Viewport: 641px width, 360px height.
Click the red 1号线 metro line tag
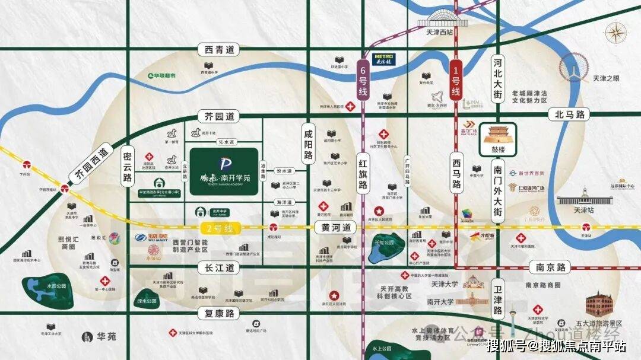[x=456, y=80]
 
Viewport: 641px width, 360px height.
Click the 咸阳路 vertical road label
[x=307, y=145]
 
